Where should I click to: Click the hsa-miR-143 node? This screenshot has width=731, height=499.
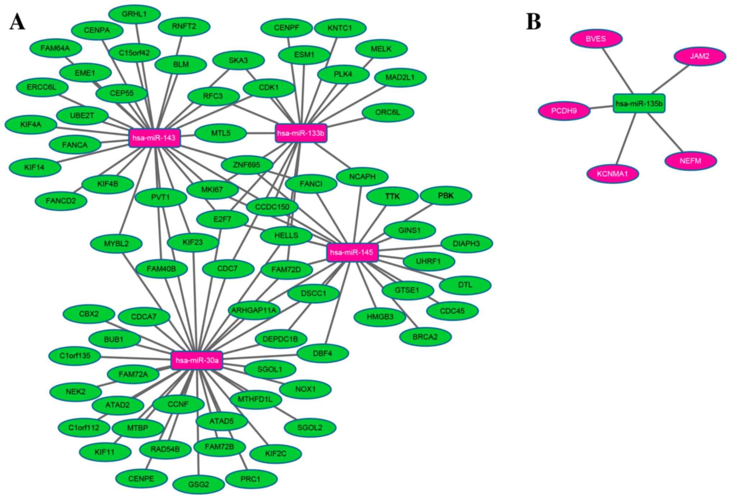pyautogui.click(x=154, y=138)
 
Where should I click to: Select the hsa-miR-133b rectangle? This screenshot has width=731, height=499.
pyautogui.click(x=301, y=133)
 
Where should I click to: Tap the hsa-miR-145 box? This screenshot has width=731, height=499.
pyautogui.click(x=352, y=252)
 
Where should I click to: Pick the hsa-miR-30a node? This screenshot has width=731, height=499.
pyautogui.click(x=197, y=360)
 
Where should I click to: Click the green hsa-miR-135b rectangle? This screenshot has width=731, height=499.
pyautogui.click(x=639, y=104)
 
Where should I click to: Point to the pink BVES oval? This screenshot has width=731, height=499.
pyautogui.click(x=596, y=39)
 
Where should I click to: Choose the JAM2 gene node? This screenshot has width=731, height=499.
pyautogui.click(x=699, y=56)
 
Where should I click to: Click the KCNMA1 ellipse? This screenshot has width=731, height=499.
pyautogui.click(x=612, y=174)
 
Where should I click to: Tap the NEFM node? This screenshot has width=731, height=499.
pyautogui.click(x=690, y=161)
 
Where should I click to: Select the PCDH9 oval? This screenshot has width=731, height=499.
pyautogui.click(x=564, y=111)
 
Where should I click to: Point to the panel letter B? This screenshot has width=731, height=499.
pyautogui.click(x=533, y=21)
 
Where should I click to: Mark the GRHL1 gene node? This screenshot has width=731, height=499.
pyautogui.click(x=134, y=14)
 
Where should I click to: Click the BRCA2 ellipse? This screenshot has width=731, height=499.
pyautogui.click(x=425, y=337)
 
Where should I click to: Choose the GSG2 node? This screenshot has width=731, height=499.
pyautogui.click(x=199, y=484)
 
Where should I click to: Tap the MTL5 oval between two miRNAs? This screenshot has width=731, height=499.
pyautogui.click(x=221, y=133)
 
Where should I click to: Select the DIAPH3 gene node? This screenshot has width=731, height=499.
pyautogui.click(x=466, y=243)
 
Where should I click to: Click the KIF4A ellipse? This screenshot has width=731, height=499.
pyautogui.click(x=31, y=125)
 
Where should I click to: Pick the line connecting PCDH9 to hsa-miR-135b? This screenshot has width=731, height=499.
pyautogui.click(x=601, y=107)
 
